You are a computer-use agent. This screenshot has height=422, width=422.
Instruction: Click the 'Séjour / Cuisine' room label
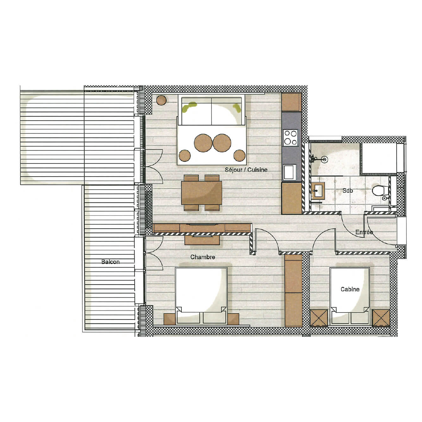click(x=246, y=170)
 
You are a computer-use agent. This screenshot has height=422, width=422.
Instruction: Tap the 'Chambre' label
click(x=203, y=257)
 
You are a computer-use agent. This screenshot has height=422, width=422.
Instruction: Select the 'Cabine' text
click(x=350, y=289)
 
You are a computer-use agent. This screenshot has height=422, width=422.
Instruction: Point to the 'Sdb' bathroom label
click(x=348, y=191)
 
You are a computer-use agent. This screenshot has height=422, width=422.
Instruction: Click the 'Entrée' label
click(x=364, y=232)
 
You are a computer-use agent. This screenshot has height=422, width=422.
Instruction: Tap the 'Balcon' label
click(x=110, y=262)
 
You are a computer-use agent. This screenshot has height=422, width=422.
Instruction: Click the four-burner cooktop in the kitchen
click(x=290, y=138)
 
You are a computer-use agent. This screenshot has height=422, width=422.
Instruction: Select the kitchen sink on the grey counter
click(x=289, y=172)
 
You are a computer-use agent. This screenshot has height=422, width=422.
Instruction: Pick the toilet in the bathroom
click(x=380, y=191)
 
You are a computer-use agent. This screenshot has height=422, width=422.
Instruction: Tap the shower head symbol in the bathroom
click(x=324, y=160)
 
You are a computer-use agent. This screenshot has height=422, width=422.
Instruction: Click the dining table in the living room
click(x=201, y=193)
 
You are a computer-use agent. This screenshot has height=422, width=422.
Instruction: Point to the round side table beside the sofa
click(x=161, y=100)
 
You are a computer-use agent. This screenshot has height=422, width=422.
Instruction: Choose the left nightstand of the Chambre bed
click(x=169, y=319)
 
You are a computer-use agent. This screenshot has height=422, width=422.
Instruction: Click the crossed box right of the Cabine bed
click(x=381, y=318)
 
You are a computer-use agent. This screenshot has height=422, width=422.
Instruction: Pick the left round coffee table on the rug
click(x=203, y=143)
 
